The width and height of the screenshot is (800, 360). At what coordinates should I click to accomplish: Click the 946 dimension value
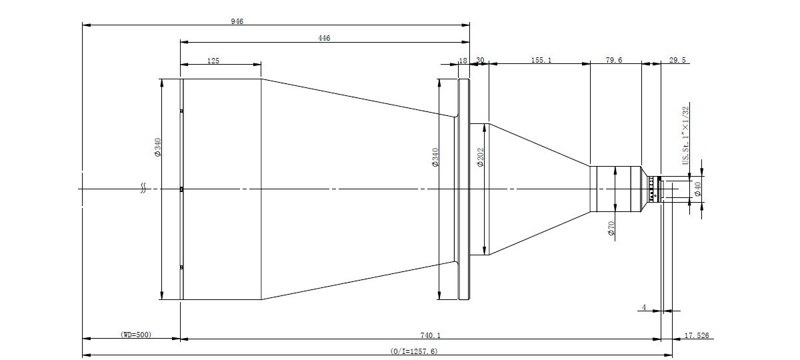237,21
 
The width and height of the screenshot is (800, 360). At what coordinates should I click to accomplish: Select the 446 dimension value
324,38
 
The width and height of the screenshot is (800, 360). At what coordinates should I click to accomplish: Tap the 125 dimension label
213,61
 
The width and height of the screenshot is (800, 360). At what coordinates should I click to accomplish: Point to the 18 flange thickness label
463,61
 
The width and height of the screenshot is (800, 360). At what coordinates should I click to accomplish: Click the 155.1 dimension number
541,60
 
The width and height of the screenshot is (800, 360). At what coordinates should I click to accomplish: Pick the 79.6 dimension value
614,60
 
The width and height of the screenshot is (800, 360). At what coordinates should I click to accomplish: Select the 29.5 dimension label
677,60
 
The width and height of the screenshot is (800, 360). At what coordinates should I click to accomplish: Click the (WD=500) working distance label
136,335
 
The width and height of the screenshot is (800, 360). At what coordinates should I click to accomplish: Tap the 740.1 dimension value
431,335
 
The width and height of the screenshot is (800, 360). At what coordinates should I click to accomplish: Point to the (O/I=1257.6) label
414,351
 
